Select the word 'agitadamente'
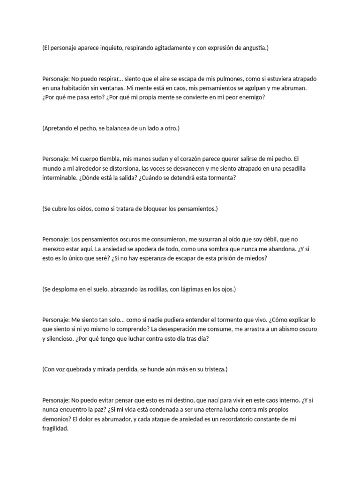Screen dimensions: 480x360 coord(172,48)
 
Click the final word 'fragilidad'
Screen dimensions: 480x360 coord(55,428)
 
